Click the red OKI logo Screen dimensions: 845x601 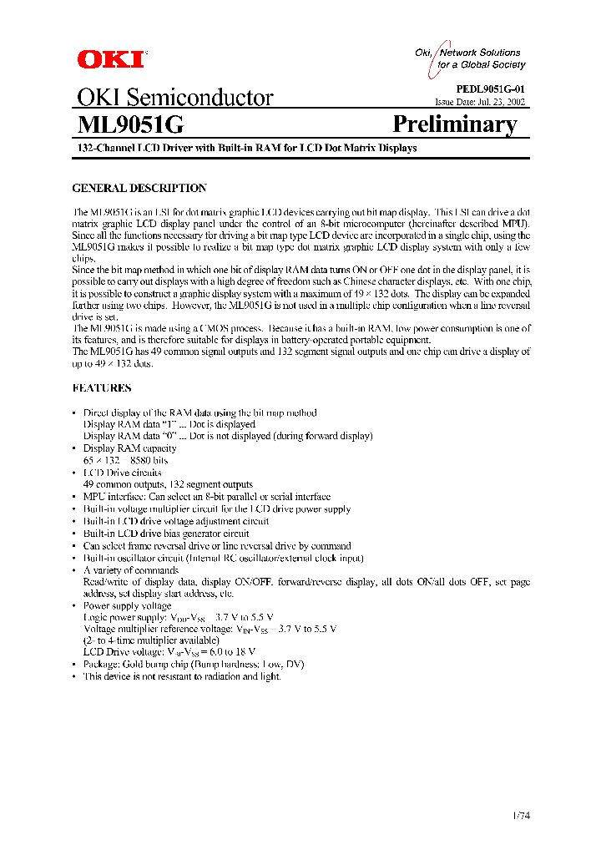tap(110, 58)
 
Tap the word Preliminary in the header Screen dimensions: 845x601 tap(454, 124)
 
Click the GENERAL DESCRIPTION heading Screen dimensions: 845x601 tap(139, 189)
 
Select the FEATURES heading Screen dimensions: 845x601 tap(102, 388)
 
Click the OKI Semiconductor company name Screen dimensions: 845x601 tap(174, 98)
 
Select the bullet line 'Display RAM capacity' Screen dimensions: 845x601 tap(129, 448)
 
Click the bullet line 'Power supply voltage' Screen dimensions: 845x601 tap(127, 605)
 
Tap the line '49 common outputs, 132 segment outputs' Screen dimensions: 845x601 tap(168, 484)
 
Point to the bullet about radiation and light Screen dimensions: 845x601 tap(182, 676)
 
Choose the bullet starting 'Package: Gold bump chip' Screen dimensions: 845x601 tap(194, 664)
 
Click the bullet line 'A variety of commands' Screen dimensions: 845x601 tap(130, 570)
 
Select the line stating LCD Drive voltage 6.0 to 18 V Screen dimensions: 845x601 tap(169, 651)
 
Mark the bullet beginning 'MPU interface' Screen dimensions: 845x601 tap(207, 496)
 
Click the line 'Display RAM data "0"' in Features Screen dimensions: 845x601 tap(228, 436)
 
